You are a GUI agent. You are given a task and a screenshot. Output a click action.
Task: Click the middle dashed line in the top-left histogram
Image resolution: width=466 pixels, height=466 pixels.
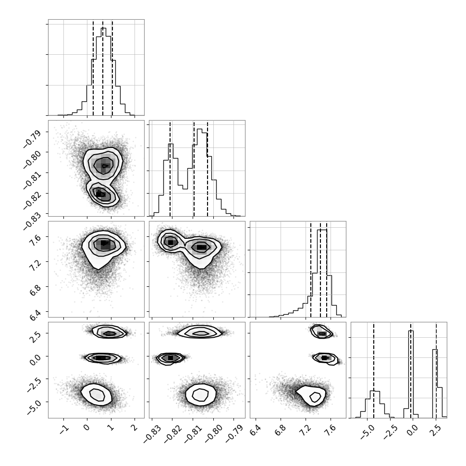103,68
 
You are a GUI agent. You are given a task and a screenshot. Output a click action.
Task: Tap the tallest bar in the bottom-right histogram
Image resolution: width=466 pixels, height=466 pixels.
411,374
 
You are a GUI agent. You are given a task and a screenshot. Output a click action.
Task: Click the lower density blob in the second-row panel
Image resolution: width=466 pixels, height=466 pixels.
102,195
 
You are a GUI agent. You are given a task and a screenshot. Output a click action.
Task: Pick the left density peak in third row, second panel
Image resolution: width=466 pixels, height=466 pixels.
170,242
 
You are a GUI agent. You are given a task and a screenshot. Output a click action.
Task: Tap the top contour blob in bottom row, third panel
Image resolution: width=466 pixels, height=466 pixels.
321,332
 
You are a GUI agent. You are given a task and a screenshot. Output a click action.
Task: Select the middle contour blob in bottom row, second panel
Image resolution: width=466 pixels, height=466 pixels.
170,358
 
